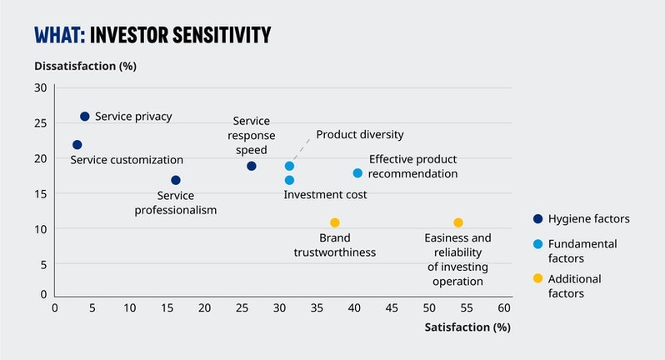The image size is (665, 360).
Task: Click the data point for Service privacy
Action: [84, 117]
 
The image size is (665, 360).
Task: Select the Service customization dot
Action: [77, 145]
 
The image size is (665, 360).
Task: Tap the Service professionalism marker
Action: [175, 180]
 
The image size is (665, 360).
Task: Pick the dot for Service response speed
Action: [251, 166]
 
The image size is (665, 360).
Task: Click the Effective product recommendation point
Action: [357, 173]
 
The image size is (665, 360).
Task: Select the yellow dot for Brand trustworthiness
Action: [334, 222]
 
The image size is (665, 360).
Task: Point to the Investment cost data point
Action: [289, 180]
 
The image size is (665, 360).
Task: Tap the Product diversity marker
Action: [289, 166]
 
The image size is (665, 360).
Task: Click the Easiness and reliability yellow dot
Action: [457, 222]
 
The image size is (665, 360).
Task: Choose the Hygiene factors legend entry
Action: [582, 219]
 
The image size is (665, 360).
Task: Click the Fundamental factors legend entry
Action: [582, 251]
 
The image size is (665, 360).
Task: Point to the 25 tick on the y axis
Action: [41, 123]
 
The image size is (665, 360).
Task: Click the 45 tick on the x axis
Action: [392, 307]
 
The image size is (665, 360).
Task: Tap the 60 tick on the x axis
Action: [504, 307]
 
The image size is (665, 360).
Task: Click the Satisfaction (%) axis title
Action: [467, 327]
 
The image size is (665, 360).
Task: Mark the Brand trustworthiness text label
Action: [334, 245]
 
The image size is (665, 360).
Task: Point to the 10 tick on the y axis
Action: [41, 229]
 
